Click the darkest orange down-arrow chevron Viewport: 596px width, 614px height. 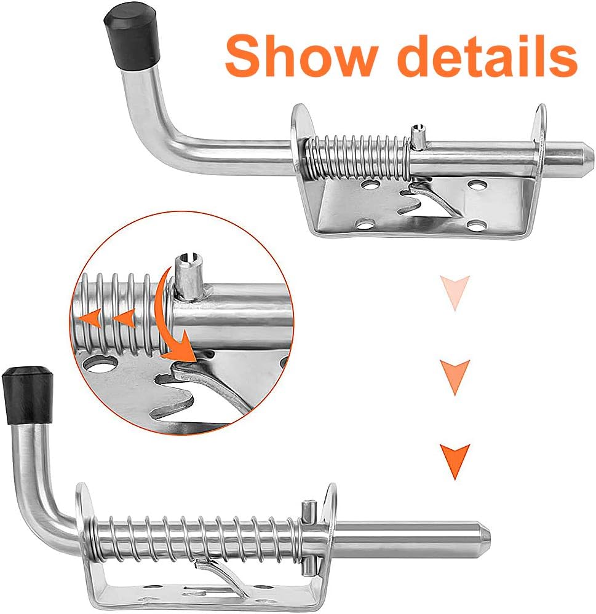455,461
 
